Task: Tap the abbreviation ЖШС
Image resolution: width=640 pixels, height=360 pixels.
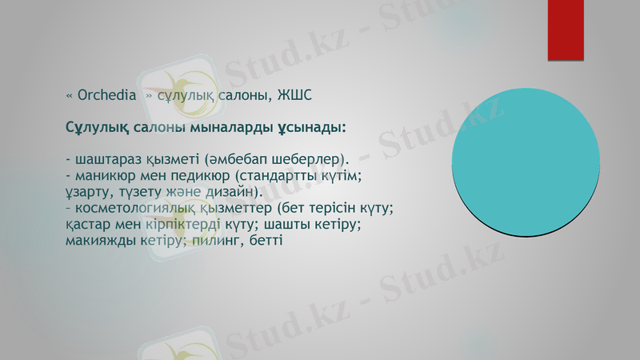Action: click(294, 96)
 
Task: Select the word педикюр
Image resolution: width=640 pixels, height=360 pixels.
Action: click(198, 175)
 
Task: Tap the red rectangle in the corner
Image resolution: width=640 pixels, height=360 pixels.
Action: click(566, 30)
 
